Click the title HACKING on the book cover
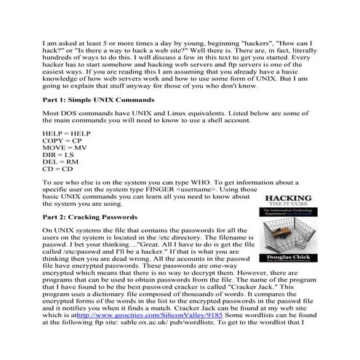289,199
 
